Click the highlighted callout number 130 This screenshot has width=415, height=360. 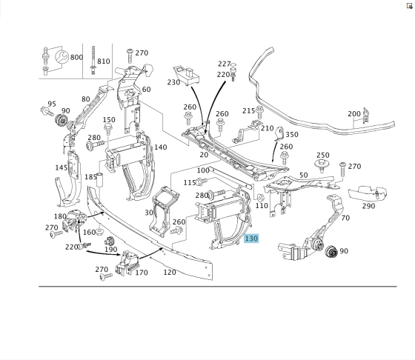(251, 239)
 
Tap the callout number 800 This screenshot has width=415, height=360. (76, 57)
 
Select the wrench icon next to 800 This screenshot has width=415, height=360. (62, 57)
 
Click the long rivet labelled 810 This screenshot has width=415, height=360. (93, 60)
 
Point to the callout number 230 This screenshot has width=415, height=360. (173, 82)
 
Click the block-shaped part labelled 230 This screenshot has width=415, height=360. (186, 76)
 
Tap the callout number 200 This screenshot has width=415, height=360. (354, 114)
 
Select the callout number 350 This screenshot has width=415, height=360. (292, 134)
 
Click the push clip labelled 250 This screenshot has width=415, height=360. (322, 165)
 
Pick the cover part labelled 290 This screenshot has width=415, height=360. (367, 193)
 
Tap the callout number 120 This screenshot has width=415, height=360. (170, 272)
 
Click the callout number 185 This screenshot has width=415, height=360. (90, 177)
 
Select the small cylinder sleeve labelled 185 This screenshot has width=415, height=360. (99, 179)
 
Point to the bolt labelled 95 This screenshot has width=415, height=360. (47, 111)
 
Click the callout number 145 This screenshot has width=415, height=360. (62, 167)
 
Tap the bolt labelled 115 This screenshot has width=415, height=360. (202, 181)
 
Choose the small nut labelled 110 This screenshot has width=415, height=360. (260, 197)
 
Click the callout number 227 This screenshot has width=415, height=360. (225, 64)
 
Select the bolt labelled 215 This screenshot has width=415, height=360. (259, 112)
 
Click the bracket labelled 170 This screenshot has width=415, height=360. (127, 264)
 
